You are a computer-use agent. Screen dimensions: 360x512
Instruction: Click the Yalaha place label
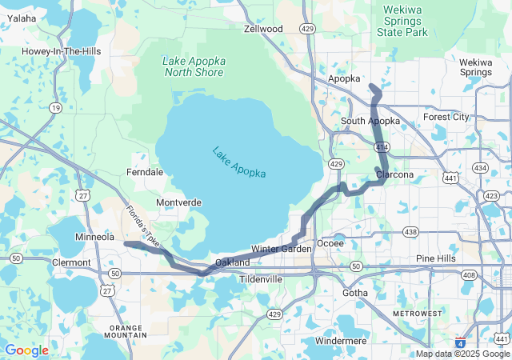click(22, 18)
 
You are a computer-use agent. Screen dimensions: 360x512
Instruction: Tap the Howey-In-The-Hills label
click(54, 51)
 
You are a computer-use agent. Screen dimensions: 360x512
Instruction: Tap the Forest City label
click(446, 116)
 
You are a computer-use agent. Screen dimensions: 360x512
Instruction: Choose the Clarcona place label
click(394, 174)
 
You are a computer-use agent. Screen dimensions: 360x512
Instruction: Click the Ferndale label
click(145, 172)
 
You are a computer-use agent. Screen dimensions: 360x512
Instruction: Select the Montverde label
click(178, 202)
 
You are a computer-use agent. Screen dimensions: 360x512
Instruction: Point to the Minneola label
click(94, 238)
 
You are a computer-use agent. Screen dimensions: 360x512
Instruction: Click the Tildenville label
click(261, 279)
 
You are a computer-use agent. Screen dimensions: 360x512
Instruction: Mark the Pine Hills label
click(437, 258)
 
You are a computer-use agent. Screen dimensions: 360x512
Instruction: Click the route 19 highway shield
click(54, 106)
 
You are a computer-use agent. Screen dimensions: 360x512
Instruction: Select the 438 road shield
click(410, 232)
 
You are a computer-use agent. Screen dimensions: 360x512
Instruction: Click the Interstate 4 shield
click(459, 340)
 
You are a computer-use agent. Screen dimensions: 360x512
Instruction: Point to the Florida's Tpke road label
click(142, 224)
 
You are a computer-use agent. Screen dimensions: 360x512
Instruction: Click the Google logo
click(26, 350)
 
